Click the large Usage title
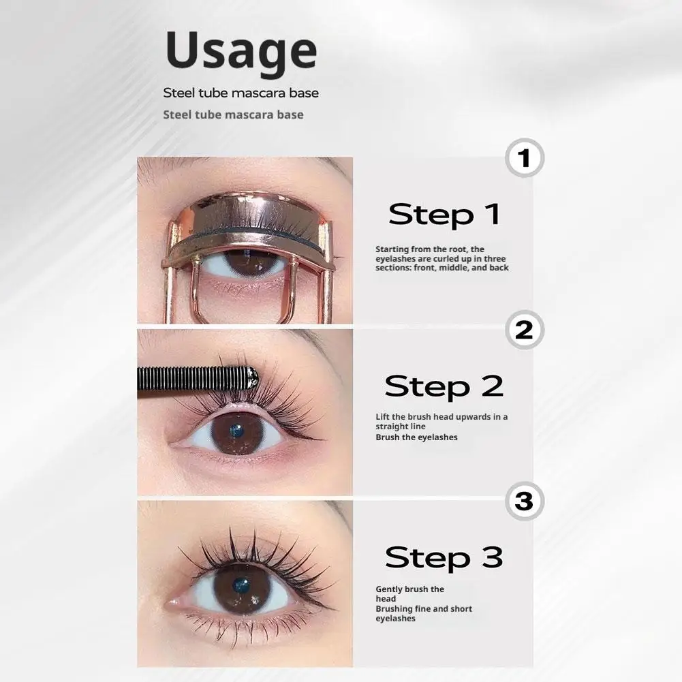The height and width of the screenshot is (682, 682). coord(241,51)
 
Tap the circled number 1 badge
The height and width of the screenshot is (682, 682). coord(524,159)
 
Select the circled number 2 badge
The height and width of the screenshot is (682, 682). coord(524,330)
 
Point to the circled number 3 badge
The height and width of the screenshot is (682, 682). coord(524,502)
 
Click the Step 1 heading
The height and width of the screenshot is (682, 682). coord(444,214)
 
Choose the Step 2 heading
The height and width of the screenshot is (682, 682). coord(444,386)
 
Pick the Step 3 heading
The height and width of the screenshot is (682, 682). coord(444,557)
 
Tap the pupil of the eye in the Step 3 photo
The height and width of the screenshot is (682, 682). coord(241,585)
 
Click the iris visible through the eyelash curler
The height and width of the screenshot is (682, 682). coord(240,263)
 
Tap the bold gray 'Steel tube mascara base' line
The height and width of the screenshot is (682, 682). coord(233,114)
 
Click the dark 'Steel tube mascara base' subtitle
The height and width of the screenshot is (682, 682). coord(241,93)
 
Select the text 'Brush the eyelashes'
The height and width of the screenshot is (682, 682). coord(416,437)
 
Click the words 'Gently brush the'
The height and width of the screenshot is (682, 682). coord(409,589)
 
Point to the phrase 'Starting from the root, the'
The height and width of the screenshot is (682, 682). coord(429,249)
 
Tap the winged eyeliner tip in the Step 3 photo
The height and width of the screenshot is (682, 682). coord(334,606)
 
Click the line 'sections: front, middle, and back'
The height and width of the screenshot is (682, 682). coord(441,268)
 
